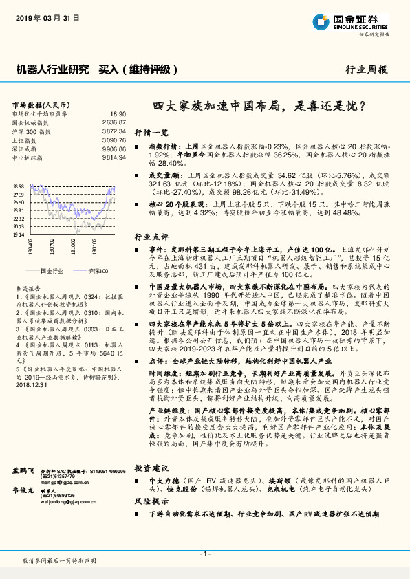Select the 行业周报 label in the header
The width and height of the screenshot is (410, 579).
pos(367,69)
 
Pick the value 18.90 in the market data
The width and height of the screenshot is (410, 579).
pos(118,113)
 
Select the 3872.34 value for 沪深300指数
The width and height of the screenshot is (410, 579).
pos(114,130)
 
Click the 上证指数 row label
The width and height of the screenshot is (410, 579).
pos(24,139)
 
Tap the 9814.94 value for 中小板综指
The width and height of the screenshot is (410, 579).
pos(114,157)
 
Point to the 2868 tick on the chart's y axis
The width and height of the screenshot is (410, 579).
pos(19,186)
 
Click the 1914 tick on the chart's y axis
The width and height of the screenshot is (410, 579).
pos(19,234)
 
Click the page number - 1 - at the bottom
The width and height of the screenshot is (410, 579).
pos(204,554)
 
